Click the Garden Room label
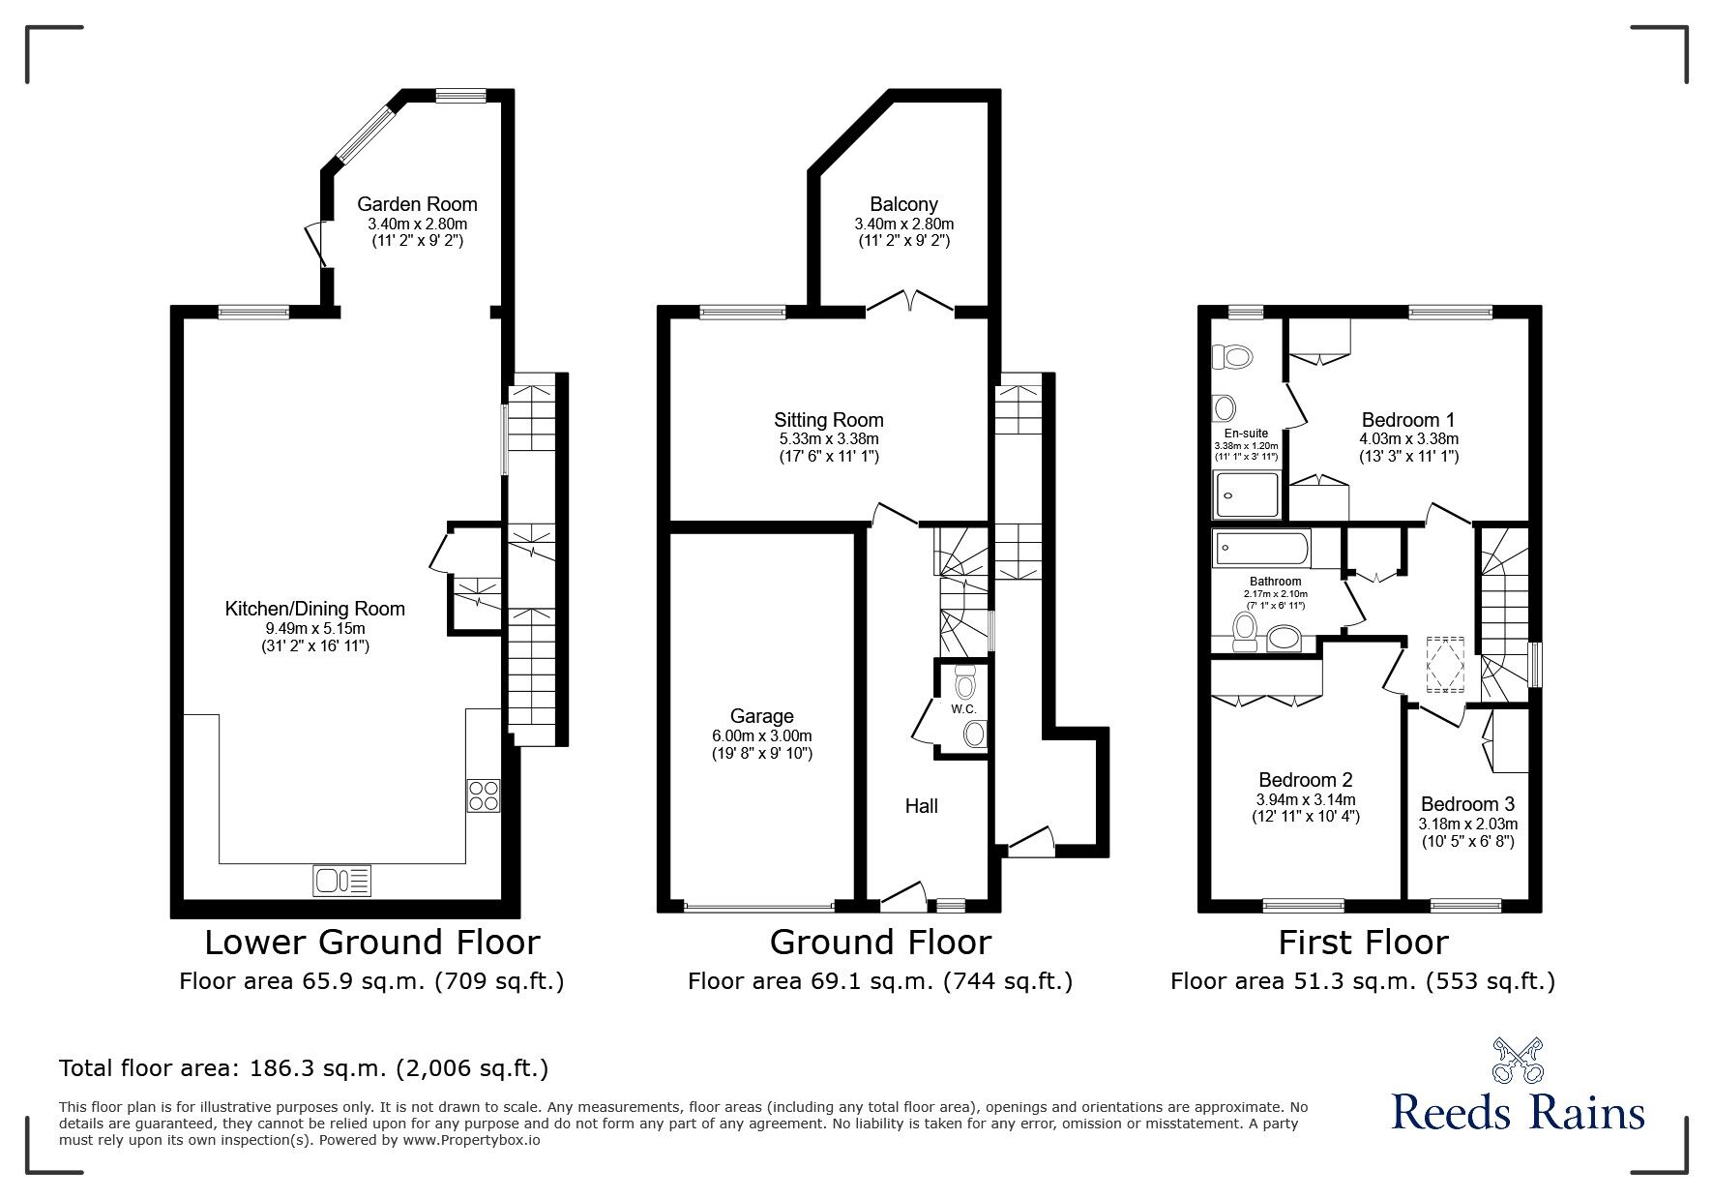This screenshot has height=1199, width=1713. tap(417, 204)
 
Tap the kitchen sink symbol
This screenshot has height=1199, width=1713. tap(341, 881)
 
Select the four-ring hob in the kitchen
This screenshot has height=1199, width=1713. tap(484, 795)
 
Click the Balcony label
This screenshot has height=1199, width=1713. tap(903, 204)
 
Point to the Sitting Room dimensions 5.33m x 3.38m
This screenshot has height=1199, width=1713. tap(829, 438)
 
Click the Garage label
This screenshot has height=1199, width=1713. tap(761, 716)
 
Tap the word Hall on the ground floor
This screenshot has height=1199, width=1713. tap(921, 806)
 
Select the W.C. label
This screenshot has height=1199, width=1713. tap(962, 709)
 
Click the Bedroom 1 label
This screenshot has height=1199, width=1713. tap(1407, 420)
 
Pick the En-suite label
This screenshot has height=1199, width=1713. tap(1246, 434)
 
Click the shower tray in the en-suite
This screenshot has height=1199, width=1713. tap(1248, 495)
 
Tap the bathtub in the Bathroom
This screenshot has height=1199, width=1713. tap(1262, 549)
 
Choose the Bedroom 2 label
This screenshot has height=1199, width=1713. tap(1305, 780)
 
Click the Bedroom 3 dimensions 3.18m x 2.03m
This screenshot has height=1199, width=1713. tap(1467, 824)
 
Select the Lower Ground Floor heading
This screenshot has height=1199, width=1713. tap(371, 942)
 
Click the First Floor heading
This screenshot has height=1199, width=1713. tap(1363, 942)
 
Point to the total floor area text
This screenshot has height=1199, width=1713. tap(304, 1069)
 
